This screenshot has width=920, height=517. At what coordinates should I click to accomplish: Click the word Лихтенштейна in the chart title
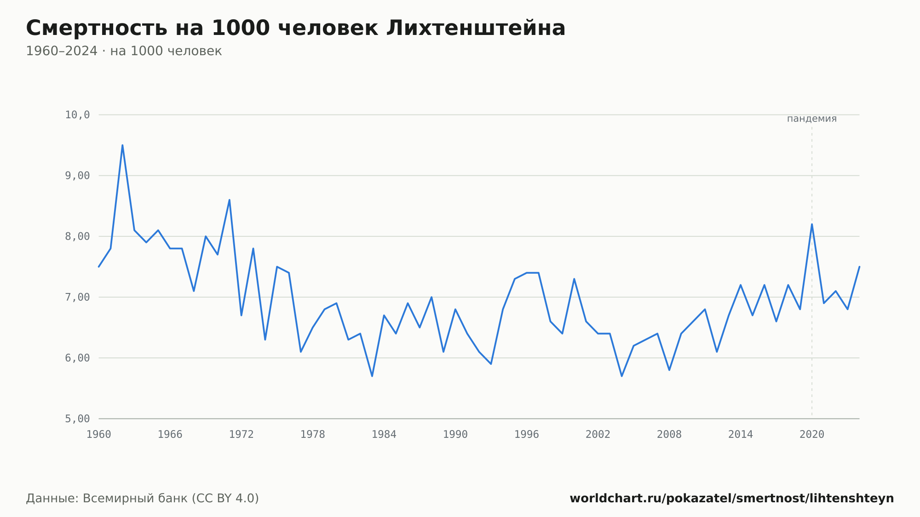coord(476,28)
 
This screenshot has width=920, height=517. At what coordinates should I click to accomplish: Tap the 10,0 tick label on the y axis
coord(77,115)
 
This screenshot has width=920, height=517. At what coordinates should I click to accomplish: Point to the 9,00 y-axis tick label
coord(77,176)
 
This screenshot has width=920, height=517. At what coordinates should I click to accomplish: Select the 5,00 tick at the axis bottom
coord(77,419)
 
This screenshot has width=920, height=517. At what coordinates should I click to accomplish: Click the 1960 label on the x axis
coord(99,435)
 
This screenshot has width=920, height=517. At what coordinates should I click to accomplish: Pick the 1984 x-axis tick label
coord(384,435)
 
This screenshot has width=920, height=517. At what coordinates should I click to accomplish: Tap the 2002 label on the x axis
coord(598,435)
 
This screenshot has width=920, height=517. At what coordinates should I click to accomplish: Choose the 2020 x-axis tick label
coord(812,435)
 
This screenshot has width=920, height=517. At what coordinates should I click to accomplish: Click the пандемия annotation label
coord(812,119)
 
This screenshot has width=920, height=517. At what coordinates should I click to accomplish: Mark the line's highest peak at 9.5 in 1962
coord(122,145)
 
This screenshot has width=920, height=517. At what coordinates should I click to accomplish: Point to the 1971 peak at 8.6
coord(230,200)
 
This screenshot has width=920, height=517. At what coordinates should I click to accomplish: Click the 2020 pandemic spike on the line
coord(812,224)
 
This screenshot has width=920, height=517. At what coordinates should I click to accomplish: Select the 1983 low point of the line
coord(372,376)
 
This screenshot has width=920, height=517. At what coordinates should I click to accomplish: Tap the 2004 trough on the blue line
coord(622,376)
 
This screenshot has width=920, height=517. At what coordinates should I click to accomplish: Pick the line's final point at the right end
coord(859,267)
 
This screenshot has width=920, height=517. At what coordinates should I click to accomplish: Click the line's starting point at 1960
coord(99,267)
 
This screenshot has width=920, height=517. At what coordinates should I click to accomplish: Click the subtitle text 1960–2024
coord(62,51)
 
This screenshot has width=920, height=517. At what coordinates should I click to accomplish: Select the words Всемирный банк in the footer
coord(135,499)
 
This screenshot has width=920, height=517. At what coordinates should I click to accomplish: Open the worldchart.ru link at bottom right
coord(732,499)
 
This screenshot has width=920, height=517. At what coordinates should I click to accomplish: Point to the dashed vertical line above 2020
coord(812,271)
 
